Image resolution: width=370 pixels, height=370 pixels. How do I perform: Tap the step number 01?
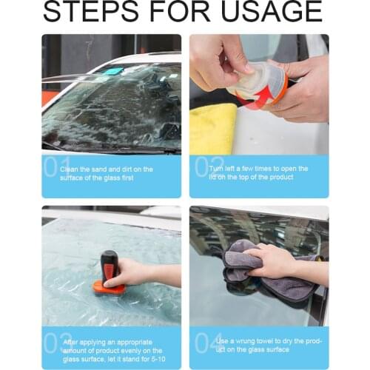(x=51, y=167)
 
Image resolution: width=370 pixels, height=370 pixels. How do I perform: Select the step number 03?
(x=51, y=341)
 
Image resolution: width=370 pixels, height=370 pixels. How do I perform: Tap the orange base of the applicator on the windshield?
(x=109, y=287)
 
